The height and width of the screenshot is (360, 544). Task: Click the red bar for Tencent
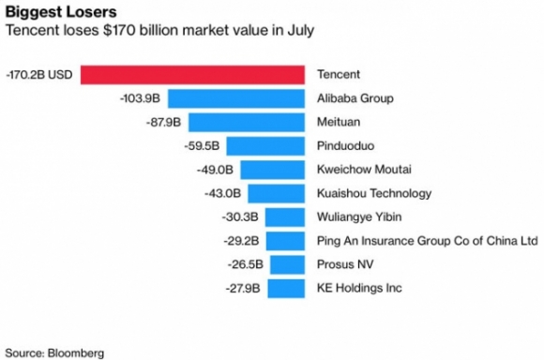click(x=193, y=74)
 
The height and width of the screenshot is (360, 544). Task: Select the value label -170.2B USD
click(x=39, y=74)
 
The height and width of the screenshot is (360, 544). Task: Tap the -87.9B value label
click(x=164, y=122)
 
